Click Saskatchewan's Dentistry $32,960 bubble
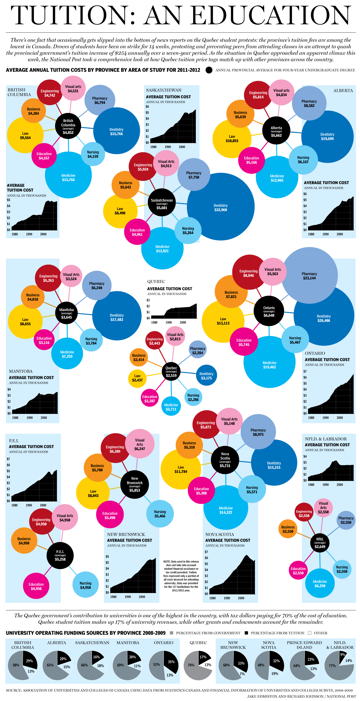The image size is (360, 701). (x=221, y=207)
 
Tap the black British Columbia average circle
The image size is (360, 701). (x=68, y=126)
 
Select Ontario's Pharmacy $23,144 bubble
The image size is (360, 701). (x=309, y=275)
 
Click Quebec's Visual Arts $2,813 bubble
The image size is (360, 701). (x=175, y=336)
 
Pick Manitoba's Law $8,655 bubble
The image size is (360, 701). (x=25, y=321)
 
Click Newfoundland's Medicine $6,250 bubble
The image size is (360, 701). (x=320, y=583)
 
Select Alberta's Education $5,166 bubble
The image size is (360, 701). (x=251, y=160)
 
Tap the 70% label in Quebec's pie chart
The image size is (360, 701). (x=191, y=665)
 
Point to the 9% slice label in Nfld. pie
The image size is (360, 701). (x=342, y=654)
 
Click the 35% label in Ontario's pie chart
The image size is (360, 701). (x=171, y=662)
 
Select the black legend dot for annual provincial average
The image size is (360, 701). (x=209, y=70)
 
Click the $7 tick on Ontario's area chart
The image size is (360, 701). (x=305, y=371)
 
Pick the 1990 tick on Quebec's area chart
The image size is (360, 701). (x=168, y=323)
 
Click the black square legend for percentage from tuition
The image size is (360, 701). (x=246, y=633)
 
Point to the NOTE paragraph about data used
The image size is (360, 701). (x=181, y=576)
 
